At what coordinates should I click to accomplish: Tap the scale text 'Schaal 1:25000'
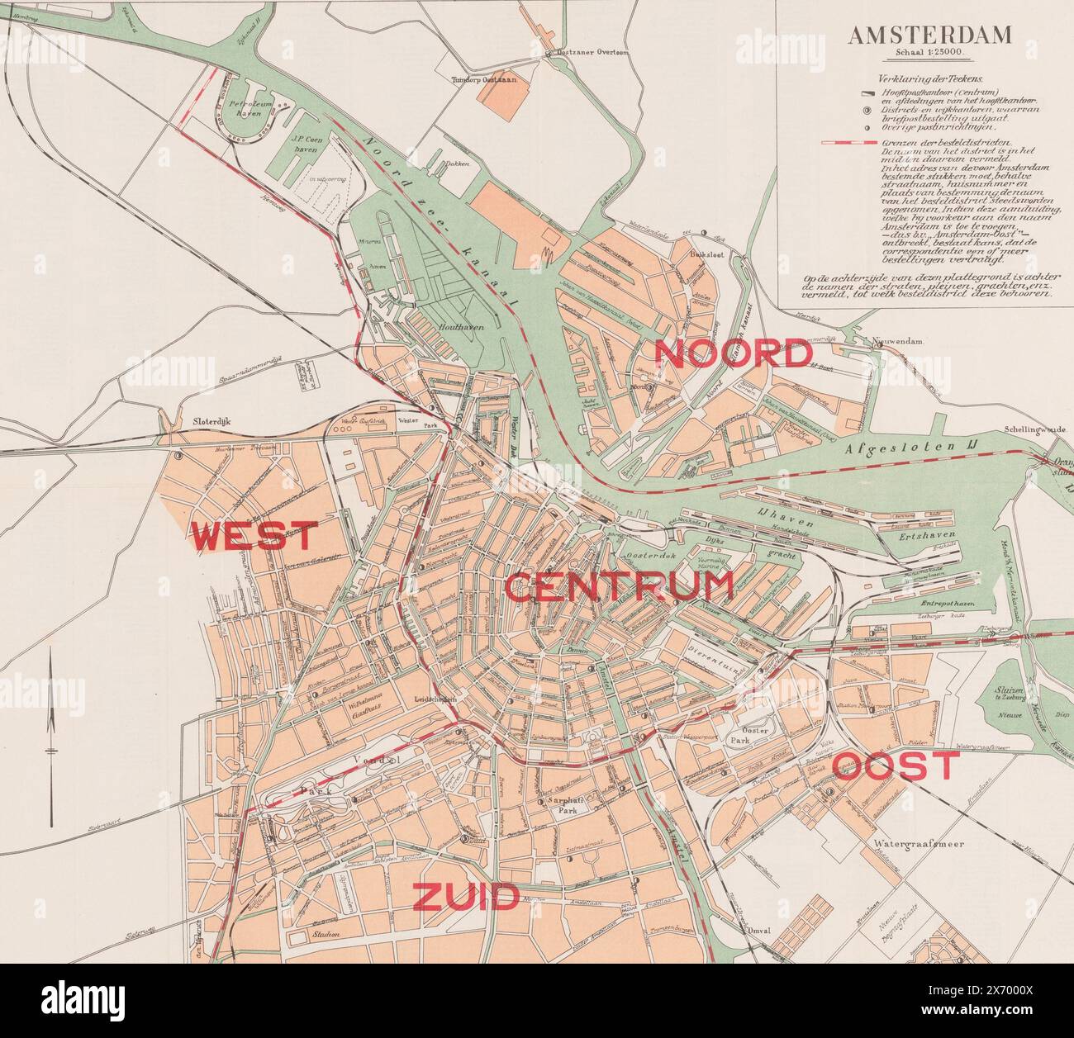(x=929, y=55)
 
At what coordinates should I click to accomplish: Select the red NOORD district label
(x=733, y=354)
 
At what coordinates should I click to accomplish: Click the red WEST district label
(x=254, y=537)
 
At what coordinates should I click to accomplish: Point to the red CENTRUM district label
(x=619, y=587)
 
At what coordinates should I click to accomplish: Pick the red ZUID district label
(x=465, y=897)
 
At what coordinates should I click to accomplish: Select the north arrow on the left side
(x=50, y=710)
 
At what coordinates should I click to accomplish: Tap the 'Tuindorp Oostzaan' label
(x=482, y=79)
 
